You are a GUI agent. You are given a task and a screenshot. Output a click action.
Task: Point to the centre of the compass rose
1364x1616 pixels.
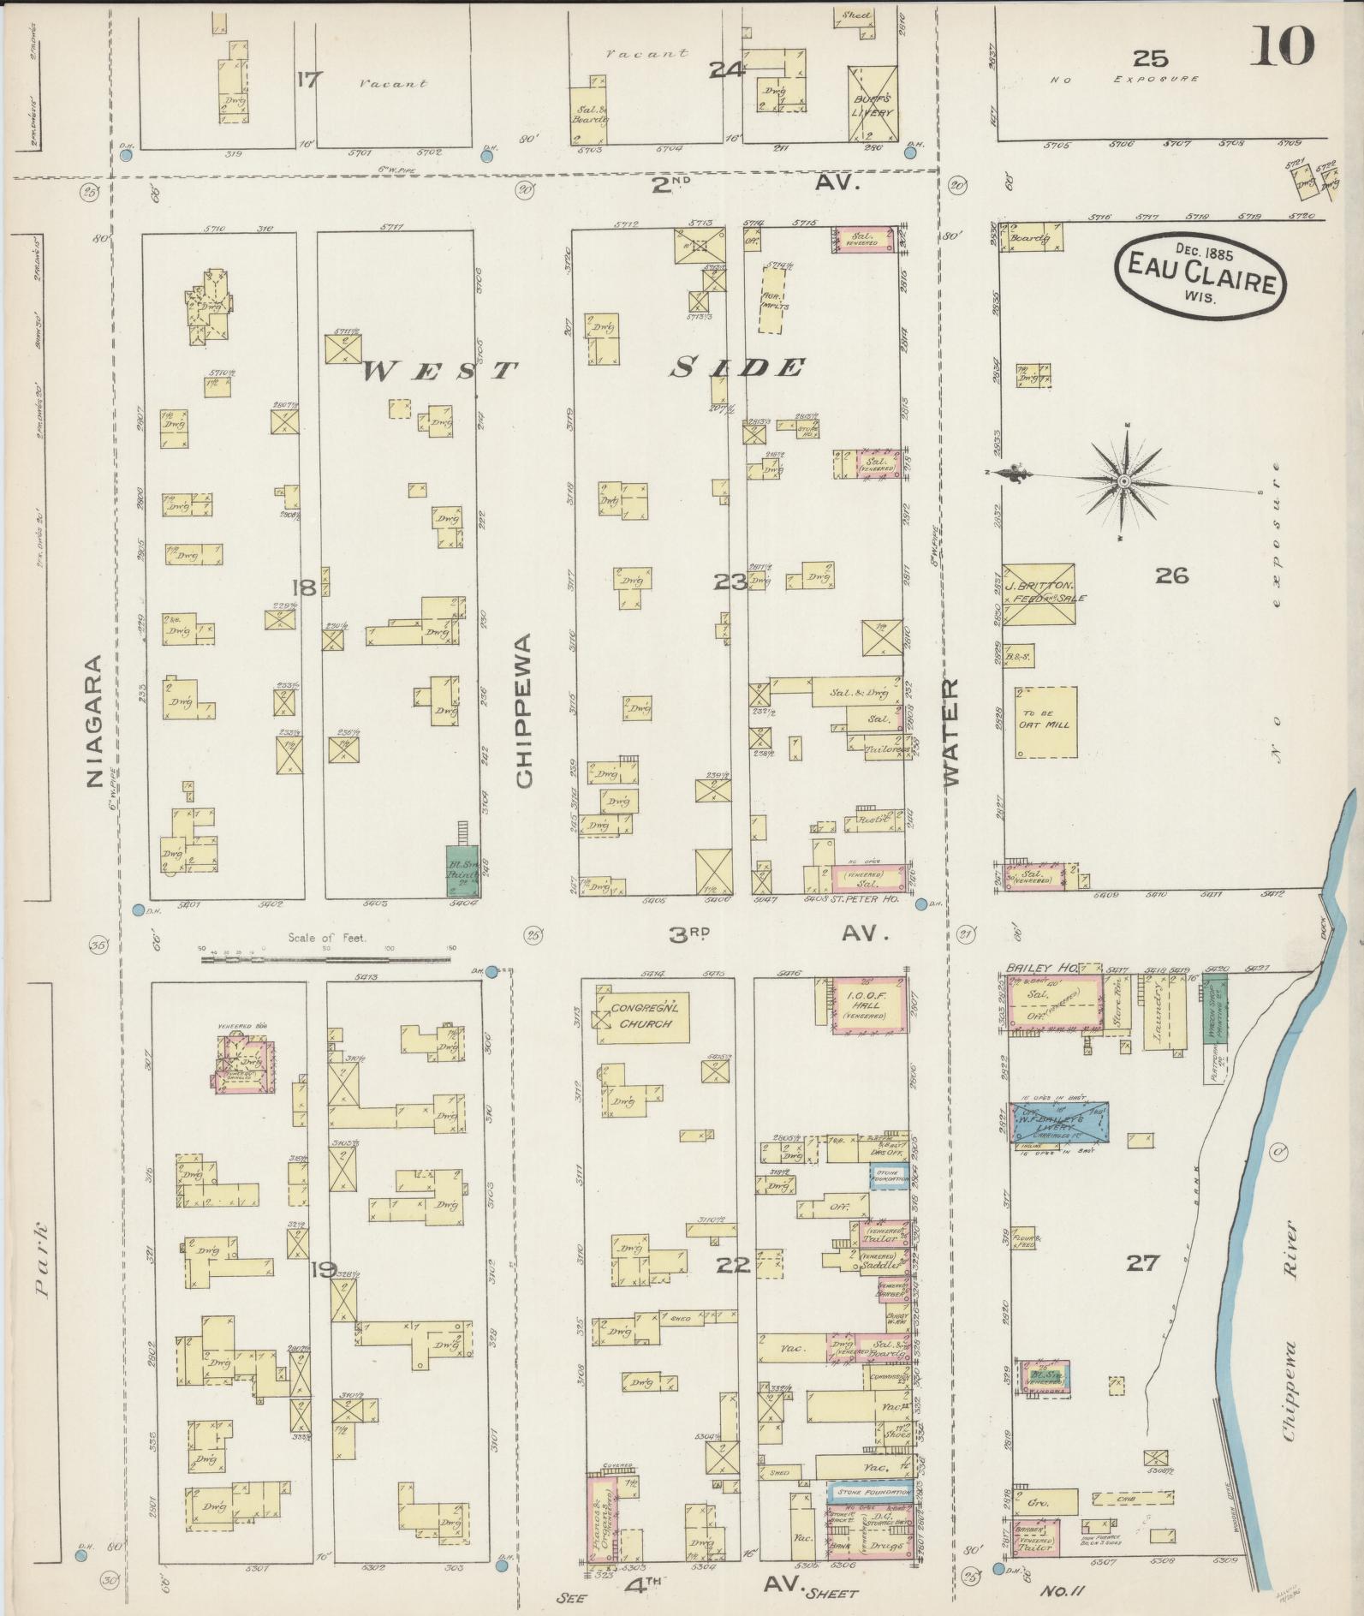(x=1123, y=482)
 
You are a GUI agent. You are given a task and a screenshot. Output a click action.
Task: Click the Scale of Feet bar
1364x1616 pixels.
(x=327, y=959)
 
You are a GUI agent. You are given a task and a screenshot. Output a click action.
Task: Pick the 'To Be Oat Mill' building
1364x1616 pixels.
(x=1045, y=721)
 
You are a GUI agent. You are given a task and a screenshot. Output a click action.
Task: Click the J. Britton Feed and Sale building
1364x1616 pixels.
(x=1039, y=593)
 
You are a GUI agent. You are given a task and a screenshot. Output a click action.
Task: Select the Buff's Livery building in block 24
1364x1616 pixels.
(x=873, y=102)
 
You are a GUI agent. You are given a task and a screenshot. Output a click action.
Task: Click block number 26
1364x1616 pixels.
(x=1171, y=575)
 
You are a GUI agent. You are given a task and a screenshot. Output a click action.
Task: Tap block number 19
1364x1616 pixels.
(x=325, y=1269)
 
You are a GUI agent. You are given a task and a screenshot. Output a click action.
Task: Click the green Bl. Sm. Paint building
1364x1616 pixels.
(x=463, y=870)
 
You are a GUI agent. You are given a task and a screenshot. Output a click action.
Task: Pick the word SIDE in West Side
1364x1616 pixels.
(x=738, y=368)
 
